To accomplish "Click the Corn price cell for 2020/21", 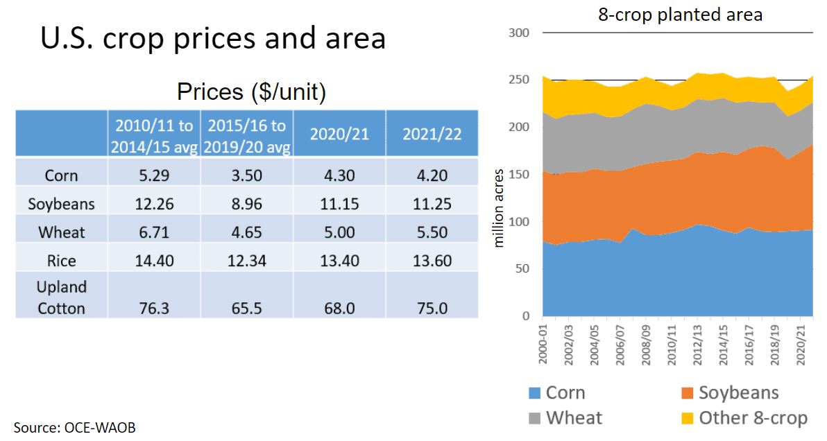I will [x=339, y=175].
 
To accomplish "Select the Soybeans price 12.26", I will [x=154, y=204].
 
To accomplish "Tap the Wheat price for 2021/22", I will [x=432, y=232].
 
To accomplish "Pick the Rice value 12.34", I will [x=246, y=261].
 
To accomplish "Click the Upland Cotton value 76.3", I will [x=154, y=308].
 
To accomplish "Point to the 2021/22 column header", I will [x=432, y=133].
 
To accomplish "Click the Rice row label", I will [x=62, y=261].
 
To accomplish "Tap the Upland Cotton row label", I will [x=62, y=297].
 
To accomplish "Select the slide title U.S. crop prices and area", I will [x=212, y=38].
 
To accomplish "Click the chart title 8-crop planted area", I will [x=680, y=14].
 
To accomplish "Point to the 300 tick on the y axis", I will [x=520, y=33].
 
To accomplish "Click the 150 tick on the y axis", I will [x=520, y=175].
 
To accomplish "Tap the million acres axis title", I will [x=500, y=209].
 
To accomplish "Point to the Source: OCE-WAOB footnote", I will [x=74, y=427].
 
